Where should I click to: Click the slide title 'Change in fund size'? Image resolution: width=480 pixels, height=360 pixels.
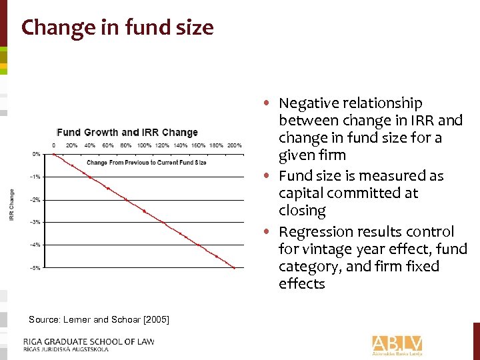[117, 28]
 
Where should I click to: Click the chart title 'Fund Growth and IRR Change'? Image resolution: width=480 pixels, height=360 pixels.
[127, 132]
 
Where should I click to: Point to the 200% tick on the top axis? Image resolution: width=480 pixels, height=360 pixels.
[234, 145]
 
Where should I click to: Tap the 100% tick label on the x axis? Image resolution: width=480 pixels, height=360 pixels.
[144, 145]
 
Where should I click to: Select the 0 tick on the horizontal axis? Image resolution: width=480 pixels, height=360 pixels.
[54, 145]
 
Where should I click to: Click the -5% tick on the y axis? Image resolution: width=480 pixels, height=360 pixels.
[36, 268]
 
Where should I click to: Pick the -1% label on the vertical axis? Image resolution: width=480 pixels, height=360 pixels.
[36, 177]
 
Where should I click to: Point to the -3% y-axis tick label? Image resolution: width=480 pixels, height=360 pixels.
[36, 222]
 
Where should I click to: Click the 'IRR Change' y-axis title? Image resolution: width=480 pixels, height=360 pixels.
[12, 205]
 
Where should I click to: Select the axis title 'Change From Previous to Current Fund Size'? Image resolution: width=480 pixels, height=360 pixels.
[146, 163]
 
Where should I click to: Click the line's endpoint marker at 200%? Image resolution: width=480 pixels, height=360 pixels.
[234, 268]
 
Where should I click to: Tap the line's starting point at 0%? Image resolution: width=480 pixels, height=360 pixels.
[54, 154]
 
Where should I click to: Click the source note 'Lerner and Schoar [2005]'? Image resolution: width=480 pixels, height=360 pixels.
[99, 321]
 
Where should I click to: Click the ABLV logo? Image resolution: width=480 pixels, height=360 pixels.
[397, 344]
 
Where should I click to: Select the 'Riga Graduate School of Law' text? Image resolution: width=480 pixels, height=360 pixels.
[91, 341]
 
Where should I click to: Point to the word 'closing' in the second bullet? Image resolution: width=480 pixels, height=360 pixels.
[302, 211]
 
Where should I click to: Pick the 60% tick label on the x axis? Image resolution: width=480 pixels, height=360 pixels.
[107, 145]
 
